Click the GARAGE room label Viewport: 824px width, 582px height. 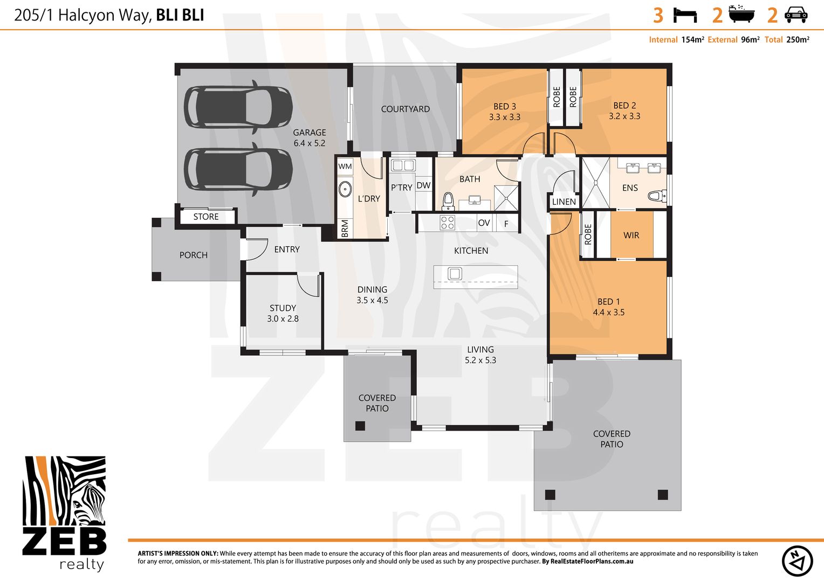tap(309, 133)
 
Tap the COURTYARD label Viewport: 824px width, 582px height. tap(405, 109)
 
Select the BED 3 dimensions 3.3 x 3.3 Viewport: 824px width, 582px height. tap(504, 117)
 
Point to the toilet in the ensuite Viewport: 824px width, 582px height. tap(657, 196)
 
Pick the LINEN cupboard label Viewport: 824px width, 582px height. tap(564, 202)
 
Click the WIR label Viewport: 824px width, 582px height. tap(631, 235)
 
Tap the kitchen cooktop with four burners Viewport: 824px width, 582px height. tap(448, 223)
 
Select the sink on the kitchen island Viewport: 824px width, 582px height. tap(455, 274)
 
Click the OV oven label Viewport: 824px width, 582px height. tap(484, 223)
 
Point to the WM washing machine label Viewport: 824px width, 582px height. tap(345, 167)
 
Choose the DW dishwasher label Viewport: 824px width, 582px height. tap(424, 185)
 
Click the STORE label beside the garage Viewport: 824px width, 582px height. tap(206, 217)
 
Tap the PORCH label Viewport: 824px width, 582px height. tap(193, 255)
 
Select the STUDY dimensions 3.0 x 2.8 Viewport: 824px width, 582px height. tap(283, 318)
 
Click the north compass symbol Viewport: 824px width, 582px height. tap(797, 560)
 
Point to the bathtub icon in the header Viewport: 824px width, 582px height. tap(741, 15)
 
